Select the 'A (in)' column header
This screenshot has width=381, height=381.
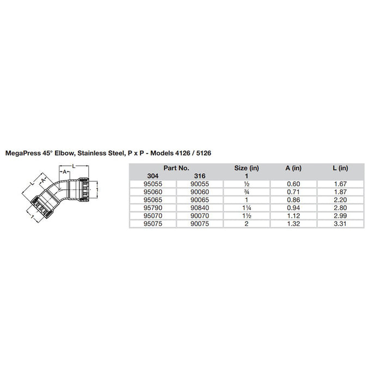pyautogui.click(x=293, y=168)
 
